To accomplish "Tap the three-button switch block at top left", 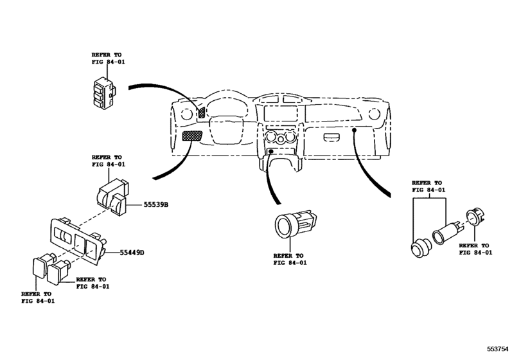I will pos(103,90).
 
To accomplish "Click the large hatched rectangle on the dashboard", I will pos(191,136).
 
